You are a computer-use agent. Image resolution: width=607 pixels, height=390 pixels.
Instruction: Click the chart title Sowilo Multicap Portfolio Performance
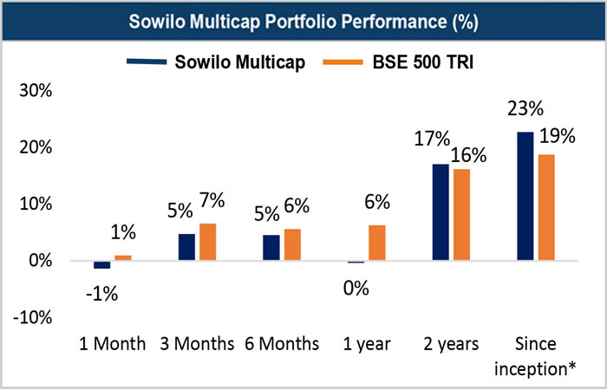303,21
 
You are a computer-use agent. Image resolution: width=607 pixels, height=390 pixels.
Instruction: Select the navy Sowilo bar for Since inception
525,196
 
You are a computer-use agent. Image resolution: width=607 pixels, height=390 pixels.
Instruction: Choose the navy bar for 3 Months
186,247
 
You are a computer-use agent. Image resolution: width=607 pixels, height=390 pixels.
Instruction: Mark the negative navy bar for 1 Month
102,264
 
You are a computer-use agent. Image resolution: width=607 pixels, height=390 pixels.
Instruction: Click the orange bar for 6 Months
292,244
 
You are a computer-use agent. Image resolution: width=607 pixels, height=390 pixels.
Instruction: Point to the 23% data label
525,109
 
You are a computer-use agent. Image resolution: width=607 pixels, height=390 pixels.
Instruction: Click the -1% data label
101,293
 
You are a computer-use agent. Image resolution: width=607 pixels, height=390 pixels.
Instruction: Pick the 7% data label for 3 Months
211,200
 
